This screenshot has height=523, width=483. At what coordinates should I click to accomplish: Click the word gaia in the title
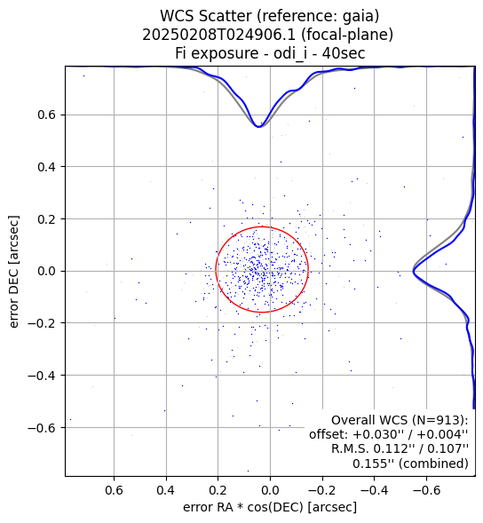point(359,17)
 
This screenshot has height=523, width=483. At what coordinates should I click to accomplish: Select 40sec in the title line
point(344,53)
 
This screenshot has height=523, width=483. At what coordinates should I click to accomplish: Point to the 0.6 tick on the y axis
point(46,115)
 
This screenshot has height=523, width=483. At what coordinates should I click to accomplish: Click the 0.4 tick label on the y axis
point(46,167)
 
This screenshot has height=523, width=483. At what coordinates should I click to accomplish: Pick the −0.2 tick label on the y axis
point(42,323)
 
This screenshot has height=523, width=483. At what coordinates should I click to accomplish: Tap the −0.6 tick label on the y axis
point(42,428)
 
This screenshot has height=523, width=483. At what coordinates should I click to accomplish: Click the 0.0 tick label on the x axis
point(270,490)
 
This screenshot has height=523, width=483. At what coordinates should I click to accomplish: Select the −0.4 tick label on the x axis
point(374,490)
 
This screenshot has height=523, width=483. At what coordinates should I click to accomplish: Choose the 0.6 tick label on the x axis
point(114,490)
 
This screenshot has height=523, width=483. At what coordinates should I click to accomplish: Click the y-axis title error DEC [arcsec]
point(14,272)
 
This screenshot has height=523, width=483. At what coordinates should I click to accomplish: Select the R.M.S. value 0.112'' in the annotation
point(396,448)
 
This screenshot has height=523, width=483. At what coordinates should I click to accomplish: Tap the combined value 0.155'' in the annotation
point(375,464)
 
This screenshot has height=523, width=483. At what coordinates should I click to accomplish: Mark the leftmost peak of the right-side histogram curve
point(413,272)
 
